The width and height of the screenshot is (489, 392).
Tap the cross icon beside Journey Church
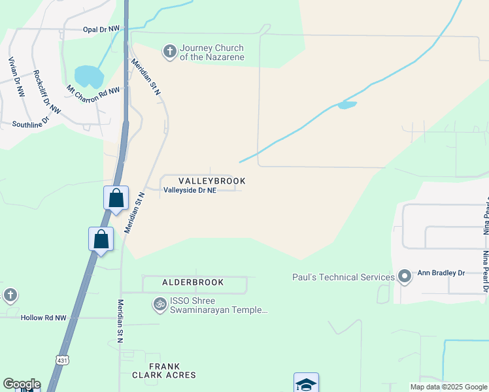170,52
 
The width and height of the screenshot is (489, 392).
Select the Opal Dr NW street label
101,29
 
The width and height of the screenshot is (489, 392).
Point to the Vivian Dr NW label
16,77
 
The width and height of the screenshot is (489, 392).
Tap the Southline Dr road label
31,123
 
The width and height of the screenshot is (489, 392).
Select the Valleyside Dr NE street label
190,190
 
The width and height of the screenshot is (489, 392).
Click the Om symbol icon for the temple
160,304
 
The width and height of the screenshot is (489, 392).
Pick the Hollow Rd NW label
43,318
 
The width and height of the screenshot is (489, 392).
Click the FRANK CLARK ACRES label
163,370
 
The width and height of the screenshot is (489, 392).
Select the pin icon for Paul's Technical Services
405,277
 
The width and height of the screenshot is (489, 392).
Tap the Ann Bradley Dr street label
441,277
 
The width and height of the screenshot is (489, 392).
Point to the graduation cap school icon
306,384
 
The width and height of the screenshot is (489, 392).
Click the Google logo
22,384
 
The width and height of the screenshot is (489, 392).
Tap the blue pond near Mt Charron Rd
89,77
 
